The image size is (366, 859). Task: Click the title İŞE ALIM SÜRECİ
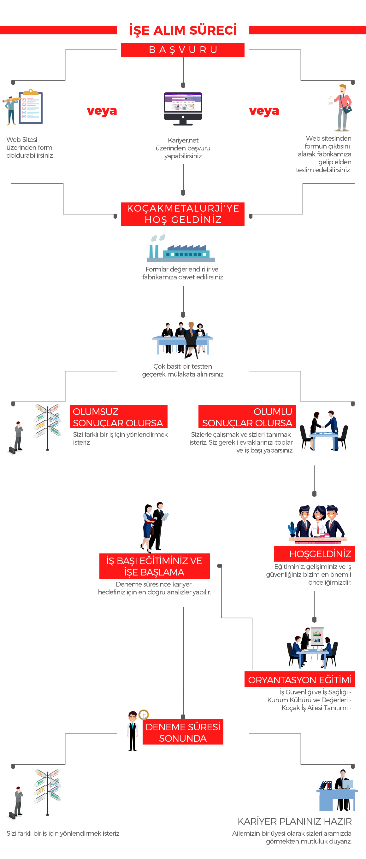[x=183, y=30]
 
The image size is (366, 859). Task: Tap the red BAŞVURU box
[x=183, y=50]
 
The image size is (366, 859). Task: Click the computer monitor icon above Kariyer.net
[x=183, y=109]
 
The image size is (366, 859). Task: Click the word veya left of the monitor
[x=102, y=111]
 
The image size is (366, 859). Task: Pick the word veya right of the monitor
[x=264, y=111]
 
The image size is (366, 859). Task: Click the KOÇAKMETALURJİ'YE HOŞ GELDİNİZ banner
[x=183, y=214]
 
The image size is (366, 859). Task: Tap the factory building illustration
[x=181, y=248]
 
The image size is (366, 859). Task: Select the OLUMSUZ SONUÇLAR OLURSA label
[x=118, y=417]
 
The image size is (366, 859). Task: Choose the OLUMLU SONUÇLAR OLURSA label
[x=247, y=417]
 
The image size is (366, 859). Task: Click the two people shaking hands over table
[x=324, y=430]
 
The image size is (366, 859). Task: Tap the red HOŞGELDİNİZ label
[x=315, y=554]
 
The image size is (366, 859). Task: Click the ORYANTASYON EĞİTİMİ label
[x=300, y=679]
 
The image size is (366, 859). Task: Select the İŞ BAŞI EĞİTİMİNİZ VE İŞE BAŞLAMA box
[x=155, y=566]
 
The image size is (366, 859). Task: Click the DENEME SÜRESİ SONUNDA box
[x=183, y=732]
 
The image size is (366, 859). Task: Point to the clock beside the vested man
[x=144, y=715]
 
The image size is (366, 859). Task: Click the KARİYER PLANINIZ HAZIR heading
[x=295, y=821]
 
